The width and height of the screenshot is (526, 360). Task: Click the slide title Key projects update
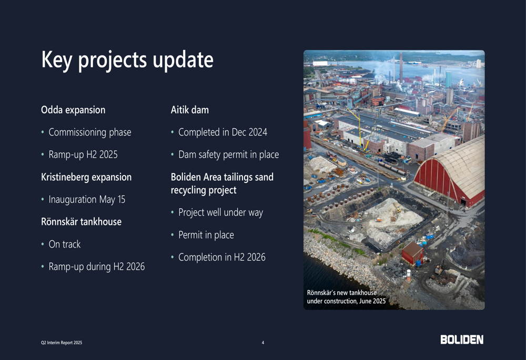pyautogui.click(x=127, y=60)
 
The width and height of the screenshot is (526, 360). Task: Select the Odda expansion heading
pyautogui.click(x=73, y=110)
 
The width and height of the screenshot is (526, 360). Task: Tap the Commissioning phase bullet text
pyautogui.click(x=90, y=132)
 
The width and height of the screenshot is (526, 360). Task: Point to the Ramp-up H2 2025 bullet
pyautogui.click(x=83, y=155)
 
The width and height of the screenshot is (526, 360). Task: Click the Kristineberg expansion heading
pyautogui.click(x=86, y=177)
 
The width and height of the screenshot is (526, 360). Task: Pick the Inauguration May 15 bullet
pyautogui.click(x=87, y=199)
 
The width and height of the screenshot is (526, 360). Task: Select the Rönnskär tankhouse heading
pyautogui.click(x=81, y=222)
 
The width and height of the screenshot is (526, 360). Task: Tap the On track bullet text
pyautogui.click(x=64, y=244)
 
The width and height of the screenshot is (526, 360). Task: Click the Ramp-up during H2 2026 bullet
pyautogui.click(x=97, y=266)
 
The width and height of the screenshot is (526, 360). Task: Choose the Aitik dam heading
pyautogui.click(x=189, y=110)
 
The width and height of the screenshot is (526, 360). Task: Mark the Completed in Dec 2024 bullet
pyautogui.click(x=222, y=132)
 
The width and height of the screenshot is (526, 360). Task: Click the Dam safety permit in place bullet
pyautogui.click(x=228, y=155)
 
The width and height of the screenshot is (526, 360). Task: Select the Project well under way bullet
pyautogui.click(x=221, y=212)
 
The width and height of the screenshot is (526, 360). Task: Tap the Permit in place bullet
pyautogui.click(x=206, y=235)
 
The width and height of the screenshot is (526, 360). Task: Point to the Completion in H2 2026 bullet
pyautogui.click(x=222, y=257)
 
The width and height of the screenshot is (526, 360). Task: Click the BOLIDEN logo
pyautogui.click(x=462, y=340)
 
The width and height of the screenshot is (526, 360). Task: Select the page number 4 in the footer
pyautogui.click(x=263, y=343)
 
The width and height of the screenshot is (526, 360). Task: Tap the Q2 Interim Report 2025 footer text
pyautogui.click(x=62, y=343)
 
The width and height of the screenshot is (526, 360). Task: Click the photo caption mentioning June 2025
pyautogui.click(x=346, y=296)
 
